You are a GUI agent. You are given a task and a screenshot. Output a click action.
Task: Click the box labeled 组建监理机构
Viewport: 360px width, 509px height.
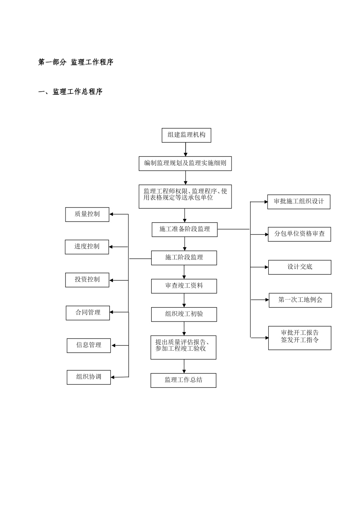[x=186, y=135]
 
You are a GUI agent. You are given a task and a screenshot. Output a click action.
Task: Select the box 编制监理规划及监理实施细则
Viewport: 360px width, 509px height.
[x=185, y=163]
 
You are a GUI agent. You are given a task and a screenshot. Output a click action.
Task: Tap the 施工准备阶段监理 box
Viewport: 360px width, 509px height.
[x=185, y=230]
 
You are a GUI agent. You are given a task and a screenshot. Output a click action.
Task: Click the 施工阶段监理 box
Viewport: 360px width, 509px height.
[x=184, y=258]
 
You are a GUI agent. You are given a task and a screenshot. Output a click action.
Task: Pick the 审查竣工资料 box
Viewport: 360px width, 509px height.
[x=184, y=286]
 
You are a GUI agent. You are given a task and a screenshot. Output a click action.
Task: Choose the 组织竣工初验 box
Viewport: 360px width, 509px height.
[x=184, y=314]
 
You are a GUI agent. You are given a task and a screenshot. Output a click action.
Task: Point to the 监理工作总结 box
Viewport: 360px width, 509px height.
[x=183, y=380]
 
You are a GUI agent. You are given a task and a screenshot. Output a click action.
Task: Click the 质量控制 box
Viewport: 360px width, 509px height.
[x=87, y=214]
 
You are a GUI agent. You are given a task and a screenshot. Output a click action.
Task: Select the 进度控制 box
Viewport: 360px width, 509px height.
[x=87, y=247]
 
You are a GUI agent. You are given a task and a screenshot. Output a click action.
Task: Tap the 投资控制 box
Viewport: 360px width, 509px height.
[x=87, y=280]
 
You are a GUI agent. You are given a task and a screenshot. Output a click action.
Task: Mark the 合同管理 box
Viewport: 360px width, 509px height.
[x=88, y=313]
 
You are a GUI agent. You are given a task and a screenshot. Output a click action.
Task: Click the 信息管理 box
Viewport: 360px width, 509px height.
[x=89, y=345]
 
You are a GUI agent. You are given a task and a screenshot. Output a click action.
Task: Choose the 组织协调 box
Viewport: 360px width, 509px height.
[x=89, y=377]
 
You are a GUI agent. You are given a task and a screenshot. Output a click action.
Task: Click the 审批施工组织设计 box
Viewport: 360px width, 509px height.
[x=299, y=202]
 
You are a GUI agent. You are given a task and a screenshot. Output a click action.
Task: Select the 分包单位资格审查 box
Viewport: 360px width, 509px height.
[x=299, y=234]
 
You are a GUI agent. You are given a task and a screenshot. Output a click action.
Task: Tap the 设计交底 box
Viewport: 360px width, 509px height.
[x=299, y=267]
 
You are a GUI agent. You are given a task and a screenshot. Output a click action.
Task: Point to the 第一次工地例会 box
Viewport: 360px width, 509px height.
[x=300, y=300]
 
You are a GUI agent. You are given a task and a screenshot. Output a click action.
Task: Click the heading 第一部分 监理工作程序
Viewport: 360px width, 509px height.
[x=76, y=62]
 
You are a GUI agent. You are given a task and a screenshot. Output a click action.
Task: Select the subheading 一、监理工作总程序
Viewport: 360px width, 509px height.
[x=70, y=92]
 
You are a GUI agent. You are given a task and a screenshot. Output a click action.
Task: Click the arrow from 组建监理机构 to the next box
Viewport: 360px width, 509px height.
[x=186, y=149]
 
